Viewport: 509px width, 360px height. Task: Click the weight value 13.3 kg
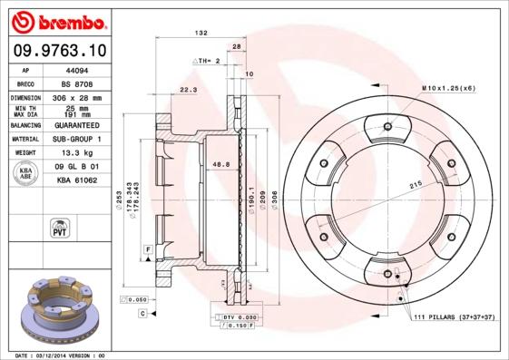click(73, 153)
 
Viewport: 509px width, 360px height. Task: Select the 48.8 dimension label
click(219, 164)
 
